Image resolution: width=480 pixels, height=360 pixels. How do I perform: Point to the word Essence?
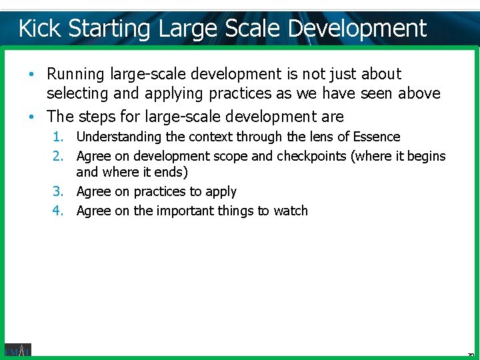377,137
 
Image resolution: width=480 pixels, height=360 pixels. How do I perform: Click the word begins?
425,157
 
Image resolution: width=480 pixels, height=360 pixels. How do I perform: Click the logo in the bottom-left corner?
17,349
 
